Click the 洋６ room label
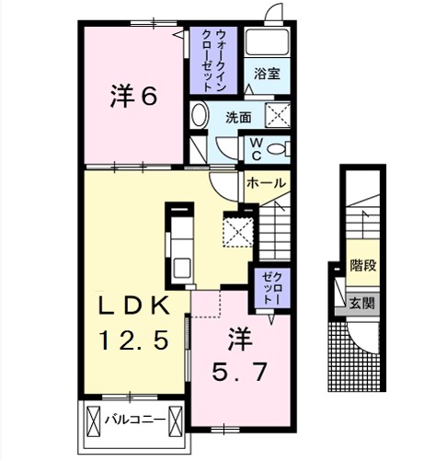click(x=132, y=94)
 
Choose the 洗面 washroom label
click(x=239, y=116)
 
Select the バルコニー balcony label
click(x=134, y=420)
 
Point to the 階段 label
click(x=362, y=267)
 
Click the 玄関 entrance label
click(x=362, y=303)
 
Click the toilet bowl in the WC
click(x=280, y=150)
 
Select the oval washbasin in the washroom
click(x=200, y=117)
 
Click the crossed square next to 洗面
click(x=278, y=114)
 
